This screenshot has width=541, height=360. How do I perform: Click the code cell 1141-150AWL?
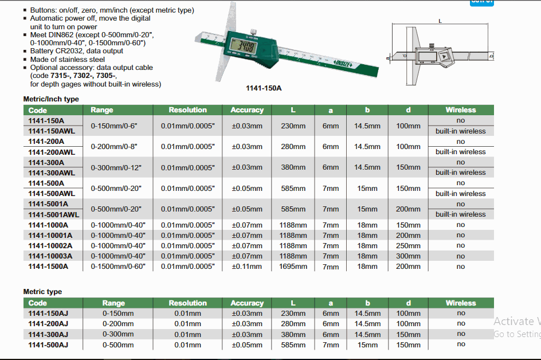point(52,131)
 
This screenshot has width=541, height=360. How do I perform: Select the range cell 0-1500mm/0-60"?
point(118,267)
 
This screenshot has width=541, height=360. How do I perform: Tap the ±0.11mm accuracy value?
point(246,267)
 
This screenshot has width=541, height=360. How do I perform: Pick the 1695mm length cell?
point(293,267)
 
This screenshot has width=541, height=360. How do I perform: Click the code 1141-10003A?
point(50,256)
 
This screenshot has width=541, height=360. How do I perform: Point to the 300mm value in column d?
point(408,256)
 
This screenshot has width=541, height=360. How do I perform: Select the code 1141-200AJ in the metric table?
point(48,324)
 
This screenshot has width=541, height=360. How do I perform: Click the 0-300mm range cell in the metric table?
point(118,334)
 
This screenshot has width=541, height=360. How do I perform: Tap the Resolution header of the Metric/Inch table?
point(188,109)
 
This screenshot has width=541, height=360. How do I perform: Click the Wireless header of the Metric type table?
point(461,303)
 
